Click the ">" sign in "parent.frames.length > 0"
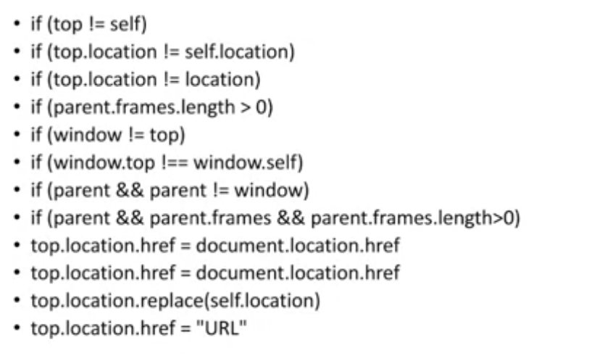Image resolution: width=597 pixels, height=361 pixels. [243, 108]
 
